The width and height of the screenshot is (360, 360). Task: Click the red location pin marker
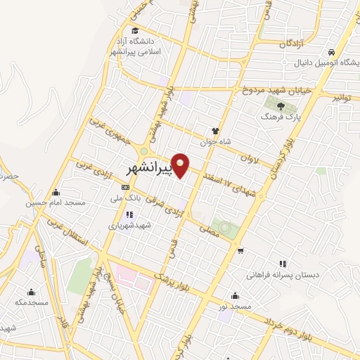point(181,166)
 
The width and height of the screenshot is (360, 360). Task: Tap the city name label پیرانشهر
point(149,169)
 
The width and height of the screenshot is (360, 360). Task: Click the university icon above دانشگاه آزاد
point(124,30)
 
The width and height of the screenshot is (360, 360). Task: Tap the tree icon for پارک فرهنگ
point(281,106)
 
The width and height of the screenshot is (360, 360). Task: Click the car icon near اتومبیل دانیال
point(330,53)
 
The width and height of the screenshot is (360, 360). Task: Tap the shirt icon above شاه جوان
point(217,130)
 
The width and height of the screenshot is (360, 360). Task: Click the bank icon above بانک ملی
point(126,187)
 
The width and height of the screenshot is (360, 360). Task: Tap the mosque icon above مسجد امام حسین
point(56,192)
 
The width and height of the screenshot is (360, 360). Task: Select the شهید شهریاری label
point(124,226)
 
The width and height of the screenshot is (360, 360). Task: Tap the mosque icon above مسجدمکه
point(31,292)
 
